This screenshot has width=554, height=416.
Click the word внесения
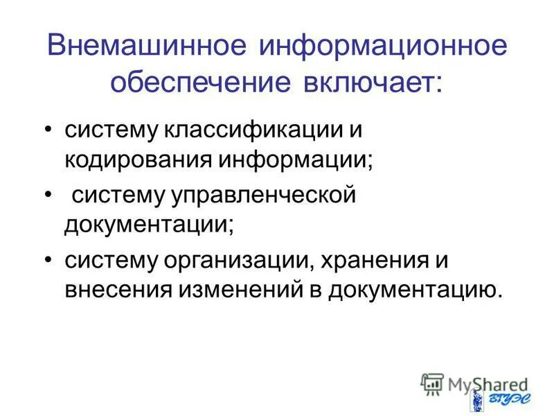[x=118, y=289]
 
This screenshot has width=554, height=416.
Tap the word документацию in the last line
[x=412, y=289]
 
